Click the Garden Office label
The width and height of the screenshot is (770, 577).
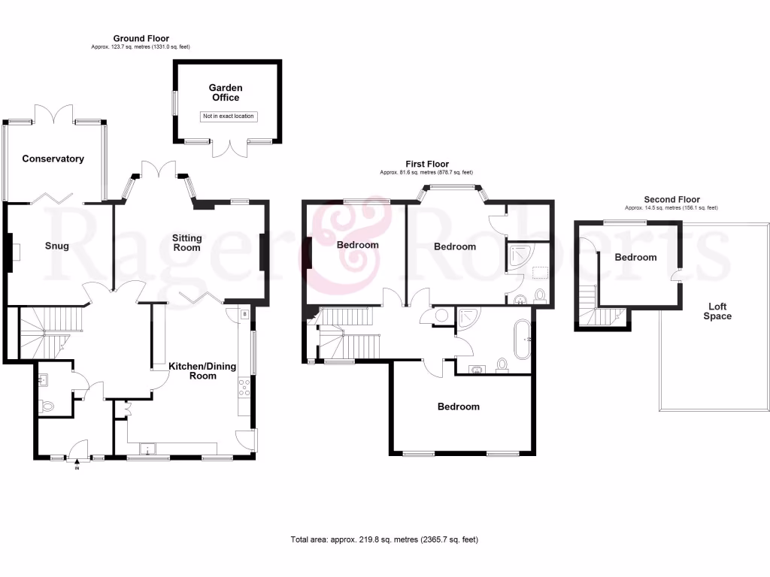[x=226, y=92]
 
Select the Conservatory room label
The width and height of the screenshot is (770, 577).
[x=53, y=159]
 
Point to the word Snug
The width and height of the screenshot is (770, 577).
[x=56, y=246]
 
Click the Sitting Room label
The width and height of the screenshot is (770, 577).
[x=187, y=243]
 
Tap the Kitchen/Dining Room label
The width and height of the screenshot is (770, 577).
[x=202, y=370]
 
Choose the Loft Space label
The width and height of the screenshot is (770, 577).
[x=717, y=311]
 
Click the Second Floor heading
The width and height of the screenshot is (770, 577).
[x=671, y=200]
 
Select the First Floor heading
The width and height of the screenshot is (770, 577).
[x=426, y=165]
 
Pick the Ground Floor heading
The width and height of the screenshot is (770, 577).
[x=141, y=38]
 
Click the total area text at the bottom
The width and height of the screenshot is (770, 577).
[x=384, y=539]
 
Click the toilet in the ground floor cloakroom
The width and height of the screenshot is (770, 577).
[x=47, y=406]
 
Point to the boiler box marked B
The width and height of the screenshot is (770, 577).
[x=244, y=314]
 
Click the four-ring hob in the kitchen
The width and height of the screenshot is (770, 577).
[x=244, y=387]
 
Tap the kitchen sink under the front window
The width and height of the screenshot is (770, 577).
[x=148, y=450]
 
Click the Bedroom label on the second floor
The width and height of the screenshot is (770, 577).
[x=635, y=257]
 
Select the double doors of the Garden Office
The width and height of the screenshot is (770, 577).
[x=228, y=147]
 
